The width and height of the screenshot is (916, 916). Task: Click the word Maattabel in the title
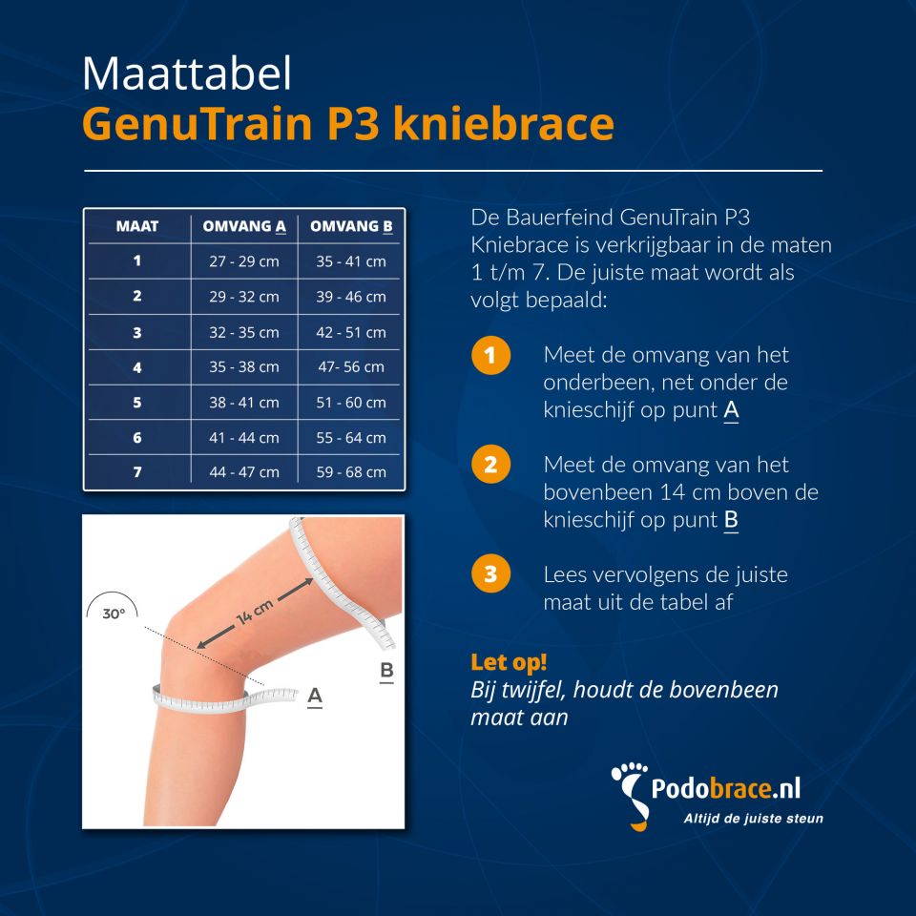186,74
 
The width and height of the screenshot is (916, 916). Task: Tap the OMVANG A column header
244,226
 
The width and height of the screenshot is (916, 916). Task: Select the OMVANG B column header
351,226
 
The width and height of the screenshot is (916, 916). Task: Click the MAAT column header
137,226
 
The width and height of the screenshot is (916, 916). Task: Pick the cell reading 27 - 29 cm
244,260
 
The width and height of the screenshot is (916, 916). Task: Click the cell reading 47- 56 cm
351,366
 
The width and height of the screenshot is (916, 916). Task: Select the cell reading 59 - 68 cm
351,471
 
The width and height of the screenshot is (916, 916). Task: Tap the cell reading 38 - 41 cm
244,402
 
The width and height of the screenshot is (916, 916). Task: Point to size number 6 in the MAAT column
137,437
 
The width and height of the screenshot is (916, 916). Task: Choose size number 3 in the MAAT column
137,332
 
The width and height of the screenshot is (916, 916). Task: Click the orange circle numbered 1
490,357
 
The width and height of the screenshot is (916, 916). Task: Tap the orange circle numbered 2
490,466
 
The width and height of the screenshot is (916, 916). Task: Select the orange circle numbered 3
490,574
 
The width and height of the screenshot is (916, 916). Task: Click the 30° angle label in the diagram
114,614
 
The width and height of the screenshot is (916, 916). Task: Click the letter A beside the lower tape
315,697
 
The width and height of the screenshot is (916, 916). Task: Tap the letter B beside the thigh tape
386,671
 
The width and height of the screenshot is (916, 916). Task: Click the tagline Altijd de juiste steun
753,818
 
